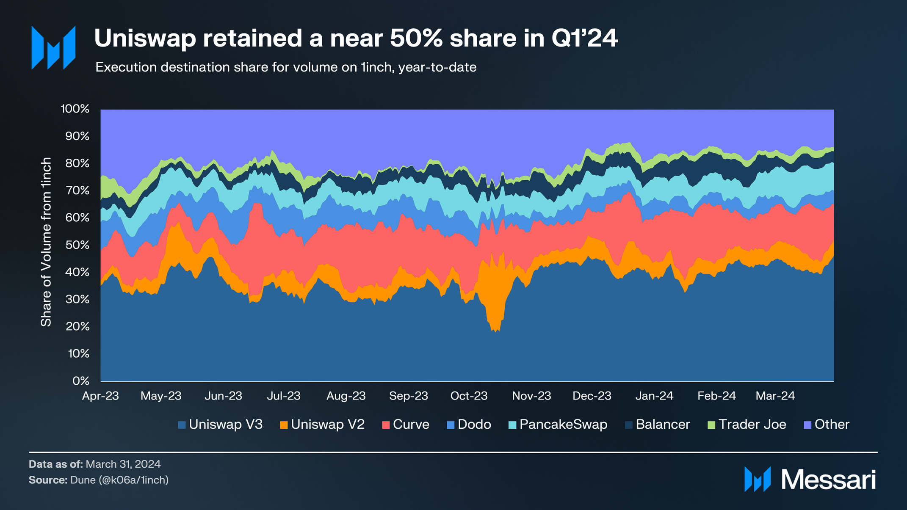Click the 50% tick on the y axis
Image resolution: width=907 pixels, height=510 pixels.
(x=77, y=245)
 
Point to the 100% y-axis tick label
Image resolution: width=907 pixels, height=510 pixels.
(x=75, y=109)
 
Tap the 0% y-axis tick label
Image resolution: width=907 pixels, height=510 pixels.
(x=81, y=381)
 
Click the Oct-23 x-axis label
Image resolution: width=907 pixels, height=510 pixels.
(x=469, y=396)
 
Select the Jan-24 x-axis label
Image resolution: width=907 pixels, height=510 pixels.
(x=654, y=396)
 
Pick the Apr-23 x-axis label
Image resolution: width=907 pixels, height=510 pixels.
(x=100, y=396)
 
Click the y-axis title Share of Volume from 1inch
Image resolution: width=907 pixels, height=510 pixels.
(x=46, y=242)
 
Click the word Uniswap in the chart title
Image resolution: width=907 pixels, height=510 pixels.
(x=145, y=39)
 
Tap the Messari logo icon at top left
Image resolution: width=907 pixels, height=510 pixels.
(x=53, y=48)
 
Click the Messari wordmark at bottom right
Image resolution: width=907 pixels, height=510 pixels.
(x=828, y=480)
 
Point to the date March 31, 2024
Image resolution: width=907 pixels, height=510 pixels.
(x=123, y=464)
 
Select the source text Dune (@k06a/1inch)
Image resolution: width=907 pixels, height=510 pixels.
(x=119, y=480)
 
